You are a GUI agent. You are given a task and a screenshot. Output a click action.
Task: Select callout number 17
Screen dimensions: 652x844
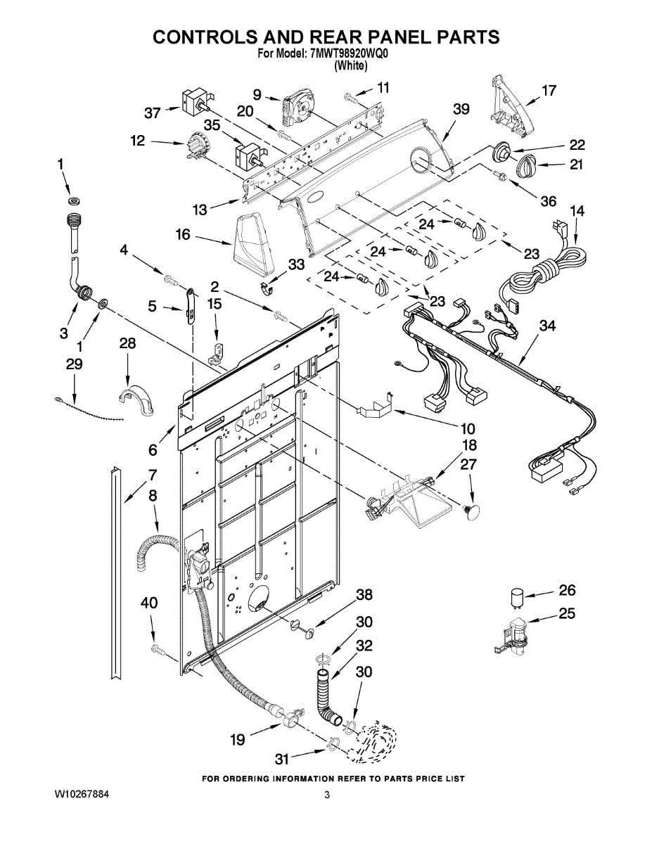pos(549,91)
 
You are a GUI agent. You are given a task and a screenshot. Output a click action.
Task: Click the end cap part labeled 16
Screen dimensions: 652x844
pos(254,244)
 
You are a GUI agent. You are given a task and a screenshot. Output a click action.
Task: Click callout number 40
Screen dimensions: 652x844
pos(149,603)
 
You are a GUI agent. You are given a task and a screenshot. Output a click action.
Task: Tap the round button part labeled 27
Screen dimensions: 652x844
pos(471,511)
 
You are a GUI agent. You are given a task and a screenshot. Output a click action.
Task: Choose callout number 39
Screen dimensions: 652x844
pos(461,110)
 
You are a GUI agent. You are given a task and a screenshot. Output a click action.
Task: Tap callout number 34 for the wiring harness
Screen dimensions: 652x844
pos(547,326)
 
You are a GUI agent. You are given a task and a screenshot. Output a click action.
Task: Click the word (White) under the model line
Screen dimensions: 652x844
pos(351,66)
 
